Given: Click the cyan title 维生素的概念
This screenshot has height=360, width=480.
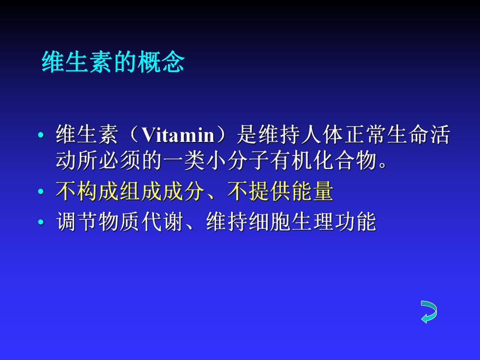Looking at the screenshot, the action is click(x=113, y=62).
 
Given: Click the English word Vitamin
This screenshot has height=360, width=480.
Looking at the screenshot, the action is click(x=178, y=135).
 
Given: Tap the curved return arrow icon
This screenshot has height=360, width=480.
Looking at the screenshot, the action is click(x=429, y=312).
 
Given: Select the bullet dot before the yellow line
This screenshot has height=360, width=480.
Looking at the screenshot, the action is click(x=41, y=192).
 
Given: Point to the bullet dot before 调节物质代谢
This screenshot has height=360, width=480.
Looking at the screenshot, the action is click(x=41, y=222).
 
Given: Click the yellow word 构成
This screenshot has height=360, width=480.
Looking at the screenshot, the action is click(x=98, y=191).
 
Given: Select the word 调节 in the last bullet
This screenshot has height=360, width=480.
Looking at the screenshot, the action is click(x=77, y=221).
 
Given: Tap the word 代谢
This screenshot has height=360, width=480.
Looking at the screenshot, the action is click(x=162, y=221).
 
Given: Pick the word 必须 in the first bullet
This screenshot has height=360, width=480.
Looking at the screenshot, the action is click(x=120, y=160).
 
